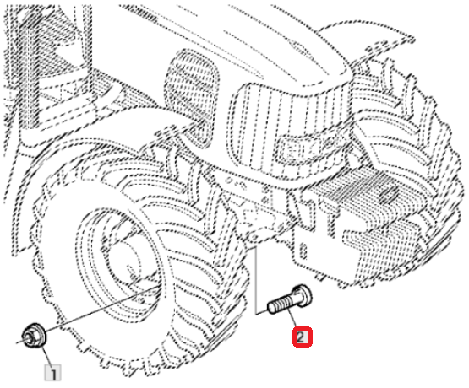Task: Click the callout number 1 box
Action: [x=52, y=372]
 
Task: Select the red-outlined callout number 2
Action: [x=303, y=337]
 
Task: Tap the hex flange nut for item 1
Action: [x=34, y=336]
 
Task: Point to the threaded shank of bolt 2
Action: [x=280, y=304]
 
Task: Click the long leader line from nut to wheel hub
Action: [x=101, y=308]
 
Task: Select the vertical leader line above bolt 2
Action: [x=257, y=281]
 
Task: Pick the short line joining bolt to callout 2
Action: [x=292, y=318]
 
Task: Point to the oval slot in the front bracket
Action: [x=303, y=251]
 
